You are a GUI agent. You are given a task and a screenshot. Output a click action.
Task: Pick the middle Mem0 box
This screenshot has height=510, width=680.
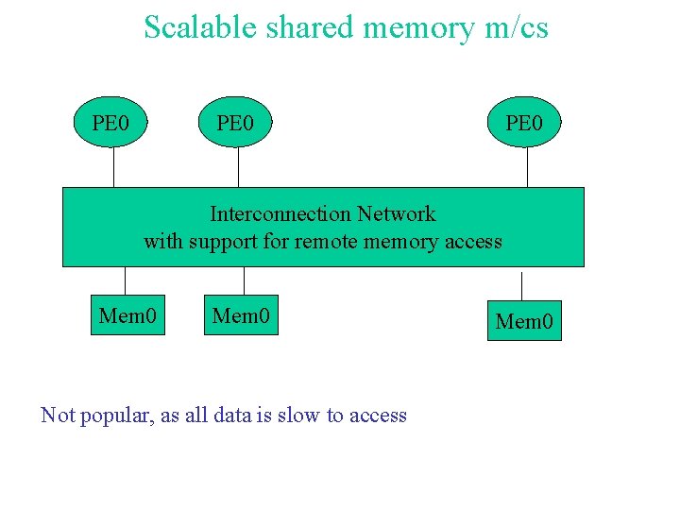point(241,314)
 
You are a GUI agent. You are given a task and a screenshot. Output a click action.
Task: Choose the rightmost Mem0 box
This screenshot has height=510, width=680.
point(524,321)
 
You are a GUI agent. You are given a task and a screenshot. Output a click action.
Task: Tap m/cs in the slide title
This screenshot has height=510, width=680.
point(515,27)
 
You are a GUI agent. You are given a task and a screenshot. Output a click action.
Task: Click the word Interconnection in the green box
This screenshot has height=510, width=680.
point(280,213)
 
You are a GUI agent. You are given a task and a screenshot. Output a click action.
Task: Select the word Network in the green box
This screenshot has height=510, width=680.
point(397,213)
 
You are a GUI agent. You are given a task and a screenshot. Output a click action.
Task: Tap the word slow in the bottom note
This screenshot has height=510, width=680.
point(297,415)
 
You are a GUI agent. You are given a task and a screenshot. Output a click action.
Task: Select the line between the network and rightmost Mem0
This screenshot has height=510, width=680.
point(521,283)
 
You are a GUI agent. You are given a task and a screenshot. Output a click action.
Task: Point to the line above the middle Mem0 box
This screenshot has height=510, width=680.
point(245,280)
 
